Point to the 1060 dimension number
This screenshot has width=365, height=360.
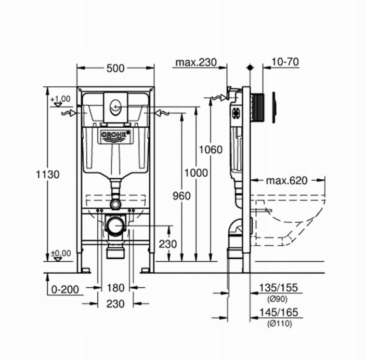[x=211, y=150]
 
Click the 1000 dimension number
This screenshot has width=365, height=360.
[x=195, y=172]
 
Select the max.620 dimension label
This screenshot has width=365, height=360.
[x=286, y=181]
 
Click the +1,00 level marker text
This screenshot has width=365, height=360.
[x=61, y=98]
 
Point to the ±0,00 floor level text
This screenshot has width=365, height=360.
[x=61, y=254]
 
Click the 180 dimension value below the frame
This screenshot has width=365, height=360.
[x=115, y=288]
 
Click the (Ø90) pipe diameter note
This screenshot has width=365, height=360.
[x=277, y=299]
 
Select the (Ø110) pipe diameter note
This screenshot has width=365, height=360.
[x=279, y=324]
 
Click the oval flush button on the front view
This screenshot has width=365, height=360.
[x=115, y=106]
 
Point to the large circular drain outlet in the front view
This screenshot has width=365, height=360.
[x=115, y=225]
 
